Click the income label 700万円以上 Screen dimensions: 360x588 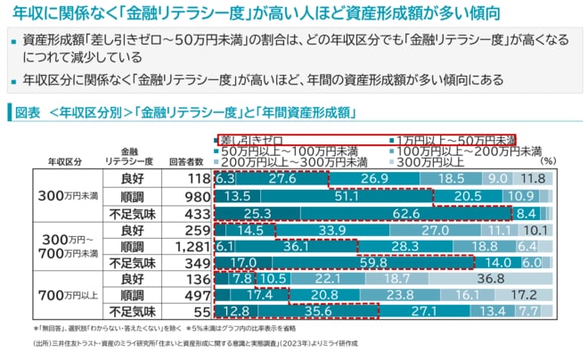68,296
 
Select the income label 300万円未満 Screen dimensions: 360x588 68,196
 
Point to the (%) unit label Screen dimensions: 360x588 549,161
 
